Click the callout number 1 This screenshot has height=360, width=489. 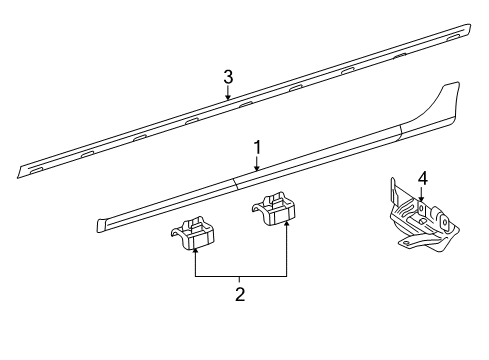coord(257,147)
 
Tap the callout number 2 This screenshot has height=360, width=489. coord(240,294)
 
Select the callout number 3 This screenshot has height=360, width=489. coord(228,77)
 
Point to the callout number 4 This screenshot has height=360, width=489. coord(422,179)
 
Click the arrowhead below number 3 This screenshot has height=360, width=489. coord(228,97)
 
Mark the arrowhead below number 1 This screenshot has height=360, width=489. coord(257,168)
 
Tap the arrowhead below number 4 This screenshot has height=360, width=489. coord(421,199)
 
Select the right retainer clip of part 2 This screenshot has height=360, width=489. coord(273,208)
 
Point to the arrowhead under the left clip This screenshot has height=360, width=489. coord(195,251)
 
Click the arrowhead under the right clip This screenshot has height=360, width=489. coord(287,223)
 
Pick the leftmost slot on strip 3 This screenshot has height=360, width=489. coord(36,170)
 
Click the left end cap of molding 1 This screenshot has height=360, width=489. coord(101,225)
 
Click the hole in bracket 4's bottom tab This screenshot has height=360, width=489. coord(406,242)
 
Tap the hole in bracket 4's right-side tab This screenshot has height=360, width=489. coord(445,222)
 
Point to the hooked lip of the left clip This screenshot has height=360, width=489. coord(176,232)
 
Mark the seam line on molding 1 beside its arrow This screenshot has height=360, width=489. coord(235,184)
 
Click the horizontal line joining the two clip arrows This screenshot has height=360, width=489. coord(241,276)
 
